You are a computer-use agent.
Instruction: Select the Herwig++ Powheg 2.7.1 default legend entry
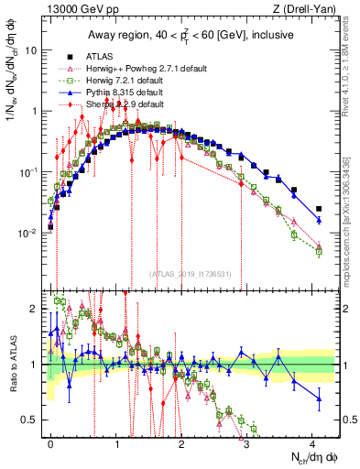click(147, 68)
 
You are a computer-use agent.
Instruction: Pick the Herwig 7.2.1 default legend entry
click(135, 80)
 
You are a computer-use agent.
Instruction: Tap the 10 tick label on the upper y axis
click(31, 50)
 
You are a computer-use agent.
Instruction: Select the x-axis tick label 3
click(247, 442)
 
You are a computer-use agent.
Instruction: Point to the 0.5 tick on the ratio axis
click(30, 420)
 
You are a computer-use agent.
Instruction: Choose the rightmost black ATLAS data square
click(319, 209)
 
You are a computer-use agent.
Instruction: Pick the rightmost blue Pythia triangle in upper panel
click(319, 220)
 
